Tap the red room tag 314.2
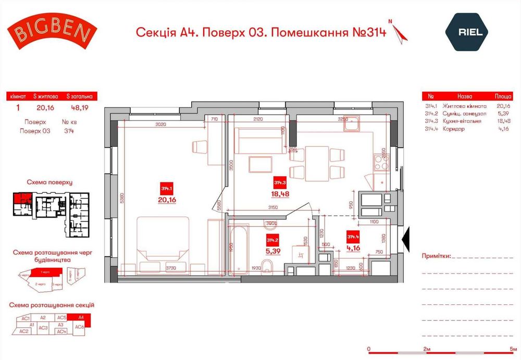pos(272,240)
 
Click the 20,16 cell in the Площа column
pos(502,106)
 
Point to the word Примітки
pos(435,256)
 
